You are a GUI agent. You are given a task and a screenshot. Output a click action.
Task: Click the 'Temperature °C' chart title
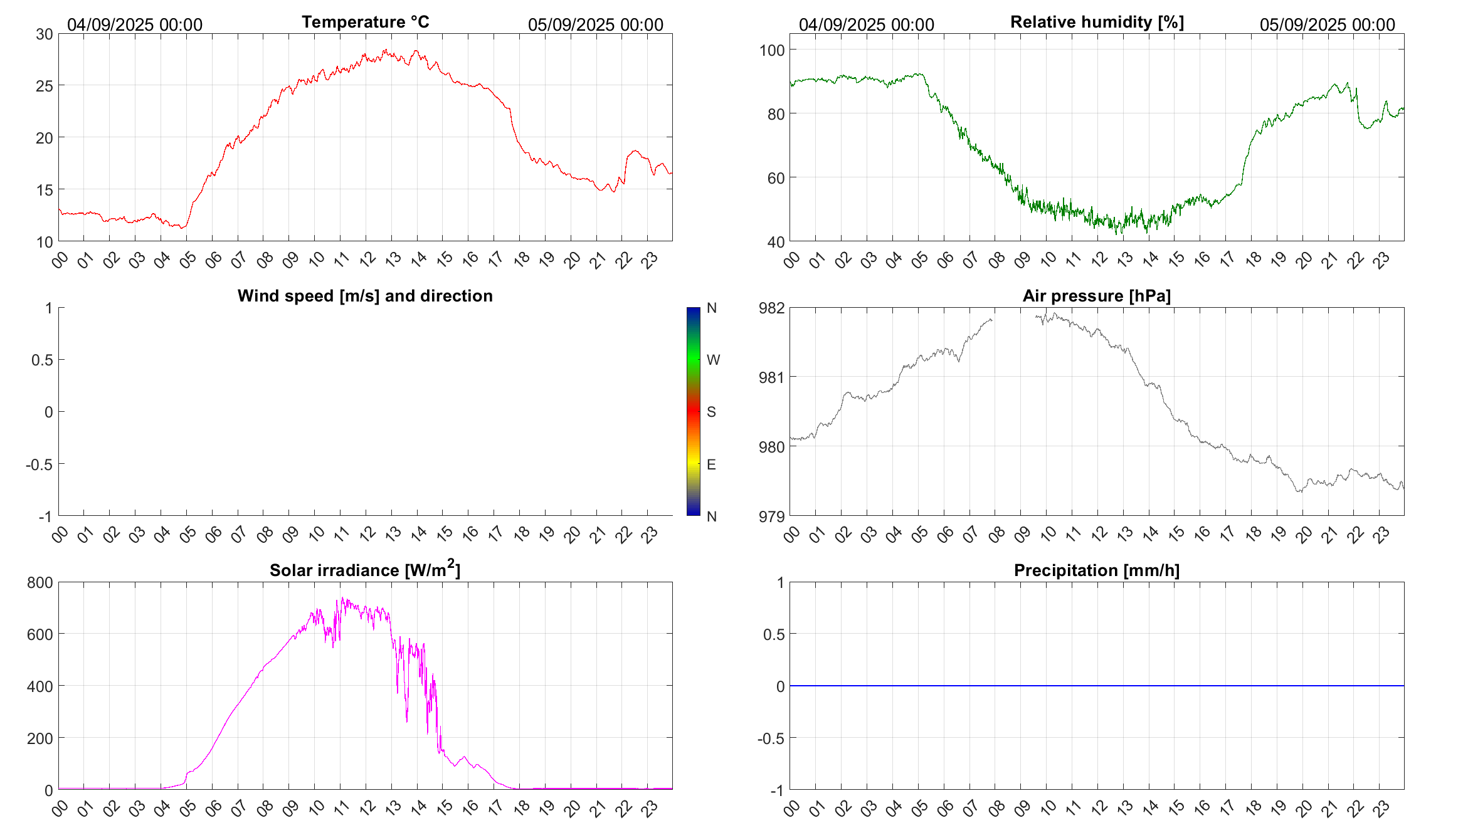click(365, 22)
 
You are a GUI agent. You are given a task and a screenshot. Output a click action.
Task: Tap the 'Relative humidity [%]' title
click(1097, 22)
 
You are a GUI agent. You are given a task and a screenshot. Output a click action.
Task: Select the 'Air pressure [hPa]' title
click(1096, 296)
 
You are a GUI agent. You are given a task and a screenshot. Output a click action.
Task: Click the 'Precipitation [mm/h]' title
click(1096, 570)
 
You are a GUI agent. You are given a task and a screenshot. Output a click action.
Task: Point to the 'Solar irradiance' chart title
click(365, 570)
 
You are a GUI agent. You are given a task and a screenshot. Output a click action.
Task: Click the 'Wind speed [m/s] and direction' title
click(365, 296)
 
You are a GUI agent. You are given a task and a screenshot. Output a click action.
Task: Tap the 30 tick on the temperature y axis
click(45, 34)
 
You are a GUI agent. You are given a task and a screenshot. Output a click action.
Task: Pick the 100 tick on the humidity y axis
click(771, 50)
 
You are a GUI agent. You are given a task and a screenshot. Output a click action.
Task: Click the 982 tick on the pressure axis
click(771, 308)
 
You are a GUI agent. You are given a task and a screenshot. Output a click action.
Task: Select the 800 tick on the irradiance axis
click(40, 582)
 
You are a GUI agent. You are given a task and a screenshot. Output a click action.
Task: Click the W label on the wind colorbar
click(713, 360)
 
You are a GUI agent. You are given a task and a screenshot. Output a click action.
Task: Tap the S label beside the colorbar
click(711, 412)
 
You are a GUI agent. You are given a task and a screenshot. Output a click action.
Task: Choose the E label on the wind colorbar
click(711, 464)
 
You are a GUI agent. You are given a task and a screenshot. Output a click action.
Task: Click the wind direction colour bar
click(693, 411)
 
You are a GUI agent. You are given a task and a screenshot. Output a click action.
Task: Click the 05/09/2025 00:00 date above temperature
click(595, 25)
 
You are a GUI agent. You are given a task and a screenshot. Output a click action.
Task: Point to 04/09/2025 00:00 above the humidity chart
click(866, 25)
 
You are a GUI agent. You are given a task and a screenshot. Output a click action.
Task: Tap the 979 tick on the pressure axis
click(771, 516)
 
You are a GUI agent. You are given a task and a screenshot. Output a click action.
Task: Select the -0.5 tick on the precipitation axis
click(771, 738)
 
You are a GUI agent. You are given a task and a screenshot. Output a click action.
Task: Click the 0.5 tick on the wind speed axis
click(42, 360)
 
